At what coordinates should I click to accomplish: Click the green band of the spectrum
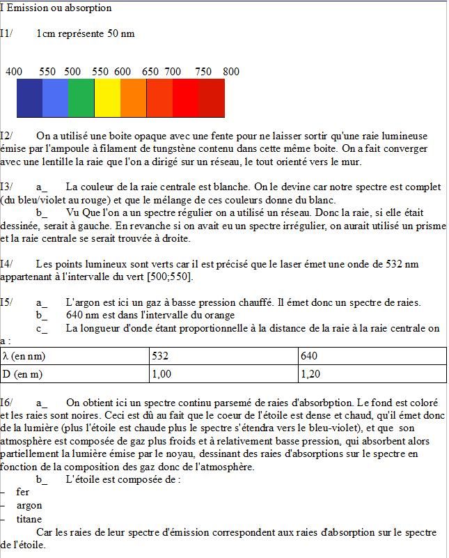click(x=81, y=98)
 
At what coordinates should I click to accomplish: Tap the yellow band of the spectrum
click(x=107, y=98)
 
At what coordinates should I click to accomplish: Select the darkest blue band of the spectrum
click(x=29, y=98)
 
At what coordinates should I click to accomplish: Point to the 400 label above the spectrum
click(x=14, y=72)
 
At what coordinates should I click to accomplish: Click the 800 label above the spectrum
click(x=231, y=72)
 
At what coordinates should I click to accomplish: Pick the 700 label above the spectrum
click(x=173, y=72)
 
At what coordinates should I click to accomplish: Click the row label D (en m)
click(x=24, y=373)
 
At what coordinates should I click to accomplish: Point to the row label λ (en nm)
click(x=24, y=356)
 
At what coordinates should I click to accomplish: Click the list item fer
click(x=22, y=492)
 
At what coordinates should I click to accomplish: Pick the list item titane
click(x=29, y=519)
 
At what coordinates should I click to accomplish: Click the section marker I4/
click(x=7, y=264)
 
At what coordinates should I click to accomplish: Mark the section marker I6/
click(x=7, y=403)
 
